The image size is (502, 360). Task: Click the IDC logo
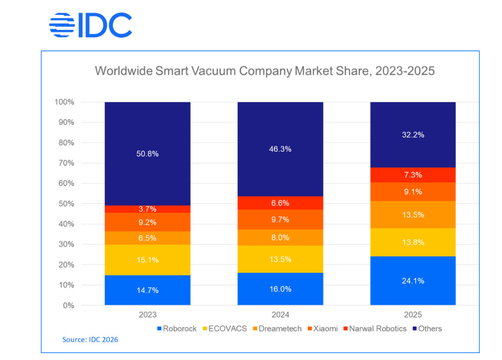pos(91,25)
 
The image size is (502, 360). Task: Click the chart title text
pos(265,71)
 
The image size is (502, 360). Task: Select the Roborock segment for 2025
pos(413,281)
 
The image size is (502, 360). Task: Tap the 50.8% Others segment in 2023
pos(147,153)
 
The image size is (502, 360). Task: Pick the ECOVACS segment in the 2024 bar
pos(280,259)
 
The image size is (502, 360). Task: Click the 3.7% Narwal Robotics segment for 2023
pos(147,210)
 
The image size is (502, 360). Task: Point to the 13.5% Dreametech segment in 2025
pos(413,215)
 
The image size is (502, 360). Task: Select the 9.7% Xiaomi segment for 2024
pos(280,219)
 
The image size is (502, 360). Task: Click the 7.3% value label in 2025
pos(413,175)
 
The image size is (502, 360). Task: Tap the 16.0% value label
pos(280,289)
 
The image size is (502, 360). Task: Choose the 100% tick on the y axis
pos(64,102)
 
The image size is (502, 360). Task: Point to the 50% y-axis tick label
pos(66,204)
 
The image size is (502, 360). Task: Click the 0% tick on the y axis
pos(68,305)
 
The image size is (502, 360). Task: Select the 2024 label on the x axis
pos(280,315)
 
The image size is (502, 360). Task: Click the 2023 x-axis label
pos(147,315)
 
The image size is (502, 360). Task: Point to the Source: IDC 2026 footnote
pos(90,340)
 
